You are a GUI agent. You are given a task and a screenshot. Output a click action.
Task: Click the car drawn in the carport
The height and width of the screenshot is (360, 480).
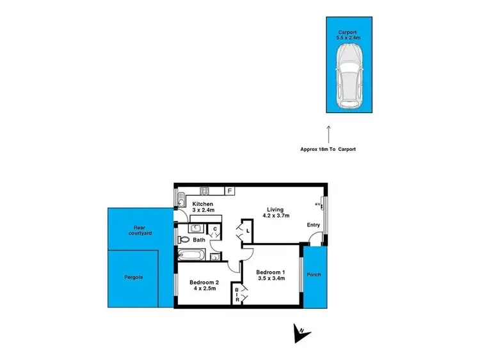349,79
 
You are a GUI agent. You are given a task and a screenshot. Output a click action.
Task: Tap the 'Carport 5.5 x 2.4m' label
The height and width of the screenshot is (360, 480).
349,35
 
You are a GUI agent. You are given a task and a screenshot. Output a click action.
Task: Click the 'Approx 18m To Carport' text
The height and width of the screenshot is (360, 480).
328,149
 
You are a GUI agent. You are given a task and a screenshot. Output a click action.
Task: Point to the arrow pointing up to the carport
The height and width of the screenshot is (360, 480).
328,134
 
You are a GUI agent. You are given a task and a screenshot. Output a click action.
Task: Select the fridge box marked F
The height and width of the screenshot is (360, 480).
230,190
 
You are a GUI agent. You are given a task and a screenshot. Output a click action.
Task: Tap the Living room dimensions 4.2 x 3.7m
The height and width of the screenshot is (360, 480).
276,215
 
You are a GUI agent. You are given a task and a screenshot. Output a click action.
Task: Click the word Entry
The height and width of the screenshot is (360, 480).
314,225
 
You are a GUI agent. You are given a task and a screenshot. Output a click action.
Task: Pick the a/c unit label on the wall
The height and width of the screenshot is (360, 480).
317,205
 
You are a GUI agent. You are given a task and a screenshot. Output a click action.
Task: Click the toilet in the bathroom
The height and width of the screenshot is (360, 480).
184,240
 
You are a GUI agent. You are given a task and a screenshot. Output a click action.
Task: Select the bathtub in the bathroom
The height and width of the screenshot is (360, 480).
192,256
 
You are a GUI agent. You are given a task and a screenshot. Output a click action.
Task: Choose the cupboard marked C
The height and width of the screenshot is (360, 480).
216,230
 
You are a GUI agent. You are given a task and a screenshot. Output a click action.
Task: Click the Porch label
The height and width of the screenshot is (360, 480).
314,275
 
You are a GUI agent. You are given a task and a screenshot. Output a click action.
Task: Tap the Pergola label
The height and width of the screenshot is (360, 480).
133,278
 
